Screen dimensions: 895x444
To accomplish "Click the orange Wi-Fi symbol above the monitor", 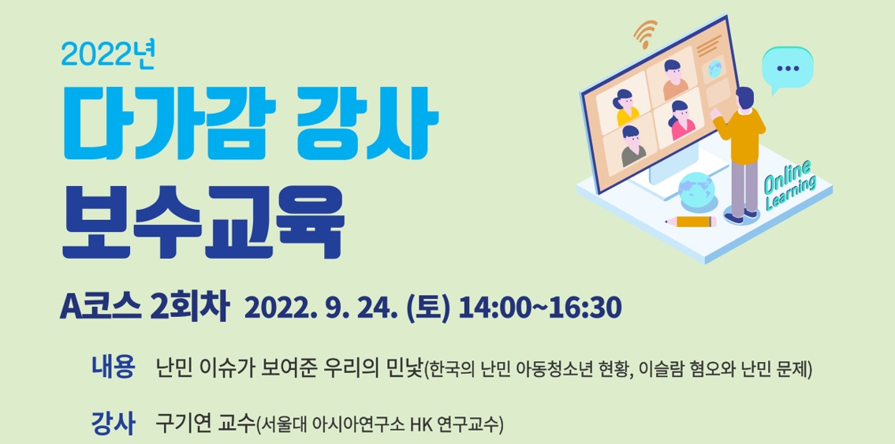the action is (x=645, y=34).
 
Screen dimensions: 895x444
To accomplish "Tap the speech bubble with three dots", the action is (x=788, y=69).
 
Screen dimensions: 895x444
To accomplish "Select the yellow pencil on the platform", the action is (x=691, y=222).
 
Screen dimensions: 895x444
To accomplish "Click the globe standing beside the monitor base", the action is (x=696, y=191).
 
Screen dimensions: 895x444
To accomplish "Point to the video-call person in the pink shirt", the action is (x=681, y=121).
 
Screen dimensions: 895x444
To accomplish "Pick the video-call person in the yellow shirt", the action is (x=625, y=108).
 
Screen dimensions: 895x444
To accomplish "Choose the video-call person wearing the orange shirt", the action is (x=674, y=80).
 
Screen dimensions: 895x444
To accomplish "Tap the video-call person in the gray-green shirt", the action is (x=632, y=147).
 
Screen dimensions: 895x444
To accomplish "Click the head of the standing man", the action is (x=744, y=98).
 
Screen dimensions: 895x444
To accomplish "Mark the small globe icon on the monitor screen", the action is (x=714, y=69).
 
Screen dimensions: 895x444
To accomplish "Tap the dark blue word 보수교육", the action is (x=203, y=221).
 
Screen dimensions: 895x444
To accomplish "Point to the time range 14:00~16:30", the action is (x=539, y=308).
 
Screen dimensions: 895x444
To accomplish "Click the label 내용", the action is (x=113, y=367).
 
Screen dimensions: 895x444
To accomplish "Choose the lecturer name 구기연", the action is (x=184, y=423).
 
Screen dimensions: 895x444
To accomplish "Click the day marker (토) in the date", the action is (x=428, y=308).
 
